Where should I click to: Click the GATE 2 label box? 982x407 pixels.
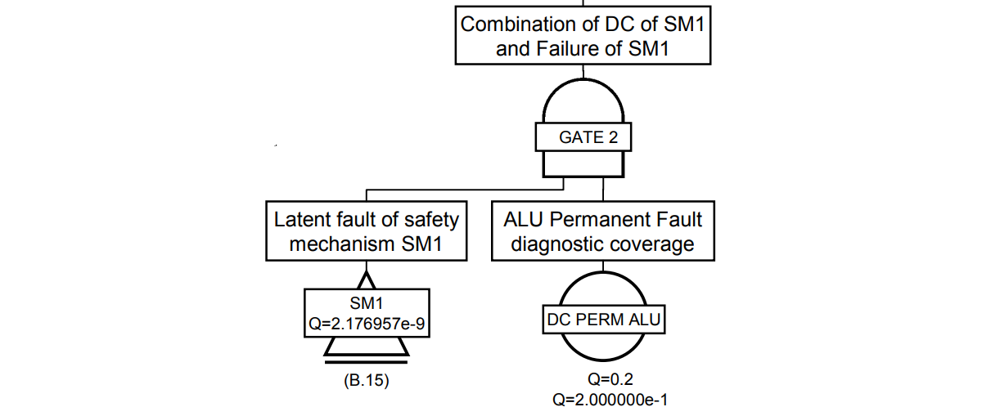583,137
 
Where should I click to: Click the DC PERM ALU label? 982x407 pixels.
602,320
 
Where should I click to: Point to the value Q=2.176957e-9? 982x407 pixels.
367,326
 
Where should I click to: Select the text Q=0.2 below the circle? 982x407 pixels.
606,379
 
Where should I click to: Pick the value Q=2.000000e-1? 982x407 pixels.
606,399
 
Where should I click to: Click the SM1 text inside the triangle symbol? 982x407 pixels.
366,305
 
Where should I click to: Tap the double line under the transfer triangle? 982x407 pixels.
366,359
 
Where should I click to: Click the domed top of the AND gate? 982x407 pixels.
583,102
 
